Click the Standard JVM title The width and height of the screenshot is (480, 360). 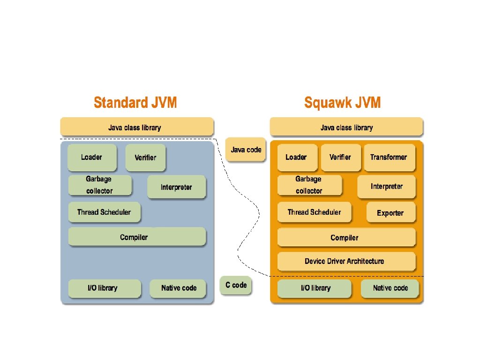click(x=135, y=102)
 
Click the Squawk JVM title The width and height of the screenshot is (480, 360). click(x=342, y=102)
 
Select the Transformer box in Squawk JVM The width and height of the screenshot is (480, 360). click(x=389, y=157)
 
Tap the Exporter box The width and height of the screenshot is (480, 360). click(x=390, y=213)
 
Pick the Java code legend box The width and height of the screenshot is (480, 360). click(x=246, y=150)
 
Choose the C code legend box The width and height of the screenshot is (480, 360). click(x=236, y=285)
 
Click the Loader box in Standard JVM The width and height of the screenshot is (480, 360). click(x=92, y=157)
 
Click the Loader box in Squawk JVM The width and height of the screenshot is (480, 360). click(x=296, y=157)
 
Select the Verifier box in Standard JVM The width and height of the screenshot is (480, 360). click(x=145, y=157)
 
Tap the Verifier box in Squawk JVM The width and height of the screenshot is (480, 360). click(x=340, y=157)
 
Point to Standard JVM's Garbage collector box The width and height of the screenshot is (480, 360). click(x=99, y=185)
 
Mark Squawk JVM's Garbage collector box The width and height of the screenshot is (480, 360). click(x=309, y=185)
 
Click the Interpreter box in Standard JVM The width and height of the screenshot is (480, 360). click(x=176, y=187)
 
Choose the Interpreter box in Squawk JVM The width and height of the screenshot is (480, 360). click(x=386, y=187)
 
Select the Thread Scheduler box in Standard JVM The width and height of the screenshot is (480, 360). click(x=104, y=212)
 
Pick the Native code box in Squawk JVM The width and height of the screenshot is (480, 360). click(x=390, y=288)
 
